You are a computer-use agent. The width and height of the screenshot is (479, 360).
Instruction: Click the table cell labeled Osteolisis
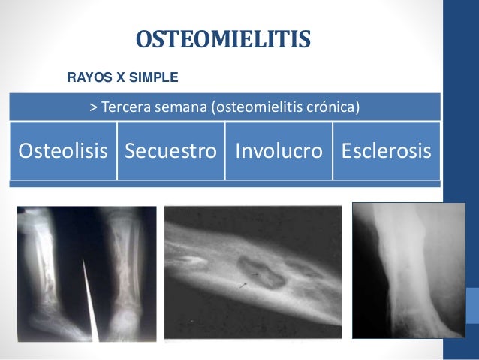63,151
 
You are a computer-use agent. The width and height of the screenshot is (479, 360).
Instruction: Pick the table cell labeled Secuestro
170,151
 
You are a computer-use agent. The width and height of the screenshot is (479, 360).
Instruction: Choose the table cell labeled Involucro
279,151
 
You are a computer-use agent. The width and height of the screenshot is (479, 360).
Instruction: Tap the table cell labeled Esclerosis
386,151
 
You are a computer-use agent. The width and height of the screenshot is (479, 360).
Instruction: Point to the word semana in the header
181,107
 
